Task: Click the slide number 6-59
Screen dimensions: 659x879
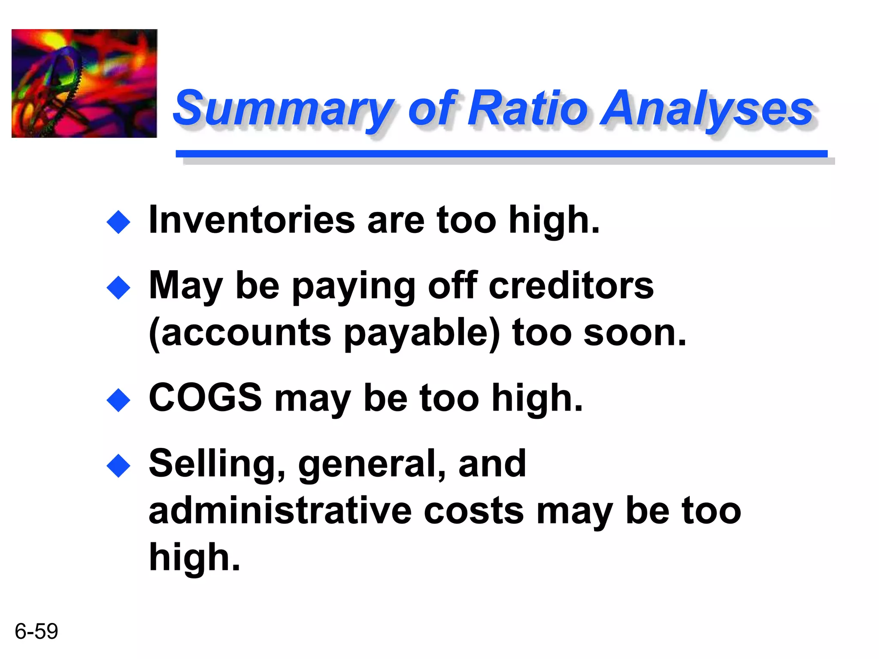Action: pos(36,631)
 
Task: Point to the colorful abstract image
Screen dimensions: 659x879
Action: pos(84,83)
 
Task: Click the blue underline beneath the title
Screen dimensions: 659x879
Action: pos(501,154)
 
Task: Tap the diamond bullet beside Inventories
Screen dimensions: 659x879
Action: pos(118,222)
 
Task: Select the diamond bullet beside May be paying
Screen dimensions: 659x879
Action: pos(118,287)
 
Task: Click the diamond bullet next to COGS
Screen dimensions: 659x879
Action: pos(118,400)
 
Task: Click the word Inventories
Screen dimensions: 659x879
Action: pos(252,220)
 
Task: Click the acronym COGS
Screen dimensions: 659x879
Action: pos(205,398)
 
